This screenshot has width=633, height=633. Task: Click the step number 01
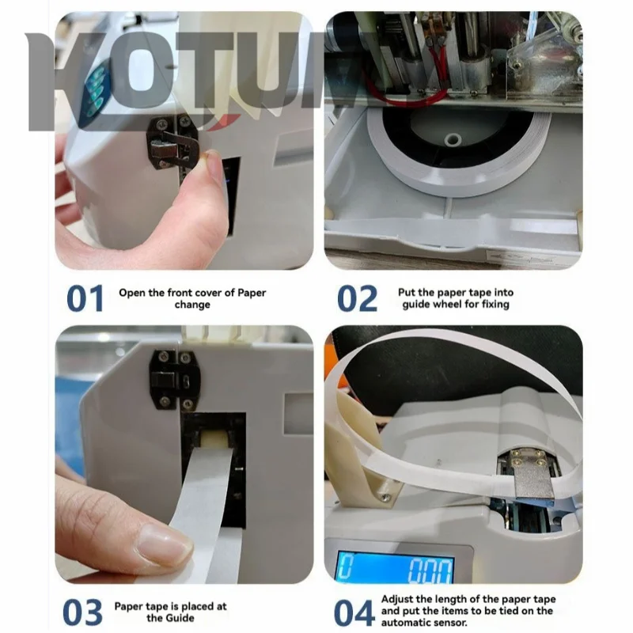85,298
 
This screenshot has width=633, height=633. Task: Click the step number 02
358,298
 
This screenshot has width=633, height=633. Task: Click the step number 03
83,612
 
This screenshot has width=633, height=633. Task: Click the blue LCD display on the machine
396,567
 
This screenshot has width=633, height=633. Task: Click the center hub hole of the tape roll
453,139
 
